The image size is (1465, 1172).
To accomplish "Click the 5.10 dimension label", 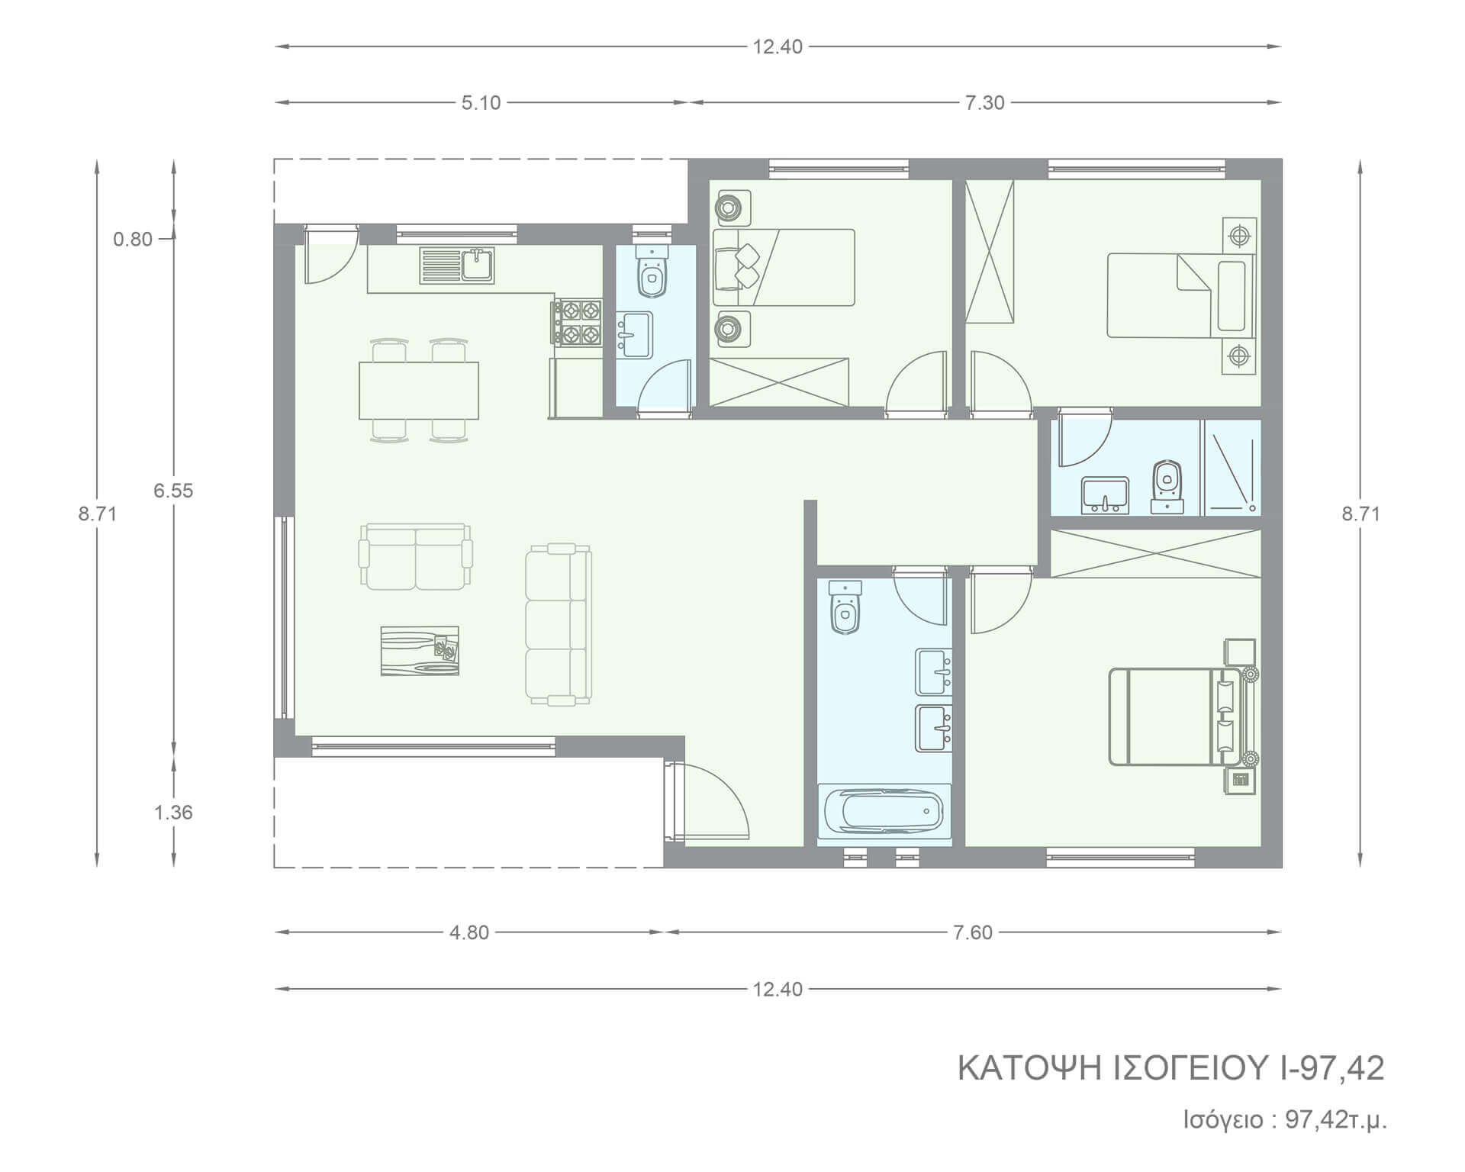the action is click(481, 103).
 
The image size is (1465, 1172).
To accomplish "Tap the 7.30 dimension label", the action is click(985, 103).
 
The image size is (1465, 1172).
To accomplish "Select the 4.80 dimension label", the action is click(469, 932).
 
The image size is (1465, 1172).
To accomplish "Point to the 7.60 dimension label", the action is click(973, 932).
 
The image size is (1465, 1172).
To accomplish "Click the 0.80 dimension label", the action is click(133, 240).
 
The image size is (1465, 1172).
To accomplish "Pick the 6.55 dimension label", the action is click(173, 491).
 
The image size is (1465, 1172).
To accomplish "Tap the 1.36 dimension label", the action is click(173, 813).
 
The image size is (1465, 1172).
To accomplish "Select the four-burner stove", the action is click(577, 323).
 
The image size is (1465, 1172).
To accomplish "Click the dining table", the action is click(419, 391).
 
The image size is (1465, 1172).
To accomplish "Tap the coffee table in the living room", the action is click(420, 651).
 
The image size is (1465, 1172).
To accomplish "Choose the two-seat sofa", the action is click(416, 557).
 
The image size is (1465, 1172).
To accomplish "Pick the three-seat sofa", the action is click(559, 624).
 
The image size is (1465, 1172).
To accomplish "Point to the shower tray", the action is click(1232, 467).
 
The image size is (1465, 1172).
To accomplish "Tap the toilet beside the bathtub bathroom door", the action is click(845, 607).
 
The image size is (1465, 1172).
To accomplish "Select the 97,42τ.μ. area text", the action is click(1337, 1120).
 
